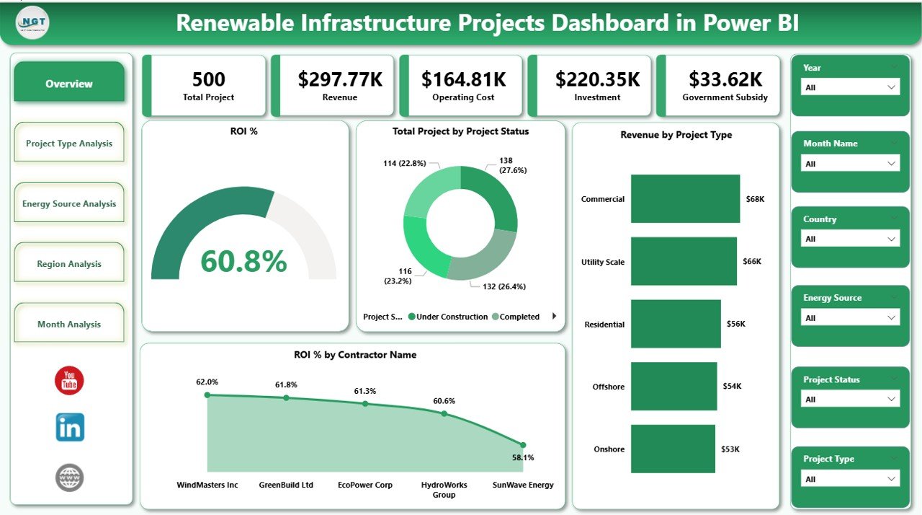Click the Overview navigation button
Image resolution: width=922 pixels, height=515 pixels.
(69, 84)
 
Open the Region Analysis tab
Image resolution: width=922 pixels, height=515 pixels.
(69, 264)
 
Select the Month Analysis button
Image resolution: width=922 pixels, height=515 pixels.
(69, 325)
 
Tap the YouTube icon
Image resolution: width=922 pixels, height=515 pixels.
(69, 381)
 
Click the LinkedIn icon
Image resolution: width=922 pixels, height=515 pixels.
(70, 428)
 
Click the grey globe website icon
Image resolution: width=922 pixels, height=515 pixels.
(70, 477)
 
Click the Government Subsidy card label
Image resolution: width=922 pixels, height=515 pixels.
(725, 97)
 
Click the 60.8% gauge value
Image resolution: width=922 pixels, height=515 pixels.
(243, 261)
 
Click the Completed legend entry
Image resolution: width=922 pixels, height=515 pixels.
(519, 317)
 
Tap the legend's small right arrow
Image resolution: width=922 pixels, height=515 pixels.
(554, 316)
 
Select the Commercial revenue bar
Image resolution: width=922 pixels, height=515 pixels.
(685, 198)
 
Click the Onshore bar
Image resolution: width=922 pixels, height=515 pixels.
(673, 449)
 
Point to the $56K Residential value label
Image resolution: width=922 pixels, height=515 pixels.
(735, 324)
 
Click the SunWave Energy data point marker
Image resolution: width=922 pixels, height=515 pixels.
(523, 445)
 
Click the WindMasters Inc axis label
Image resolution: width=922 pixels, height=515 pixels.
(207, 485)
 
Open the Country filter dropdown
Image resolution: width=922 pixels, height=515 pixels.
(850, 239)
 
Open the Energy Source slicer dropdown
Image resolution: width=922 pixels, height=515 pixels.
(850, 318)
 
